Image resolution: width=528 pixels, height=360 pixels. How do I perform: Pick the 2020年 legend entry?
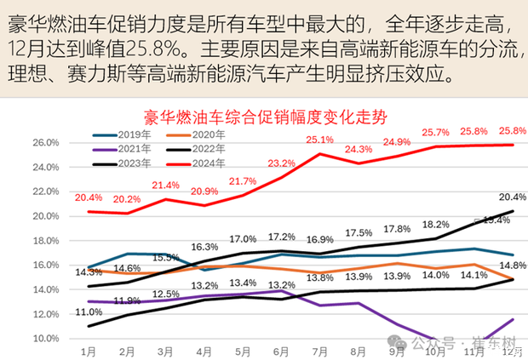coord(208,134)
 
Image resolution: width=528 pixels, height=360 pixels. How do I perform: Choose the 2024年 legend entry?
coord(208,163)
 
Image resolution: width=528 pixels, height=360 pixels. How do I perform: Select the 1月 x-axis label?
coord(87,351)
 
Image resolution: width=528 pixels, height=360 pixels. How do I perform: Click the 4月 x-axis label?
coord(203,351)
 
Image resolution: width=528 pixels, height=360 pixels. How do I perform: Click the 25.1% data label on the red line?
coord(319,140)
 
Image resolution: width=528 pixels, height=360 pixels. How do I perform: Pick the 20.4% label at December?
coord(512,196)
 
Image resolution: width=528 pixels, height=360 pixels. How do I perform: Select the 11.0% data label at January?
coord(89,312)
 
